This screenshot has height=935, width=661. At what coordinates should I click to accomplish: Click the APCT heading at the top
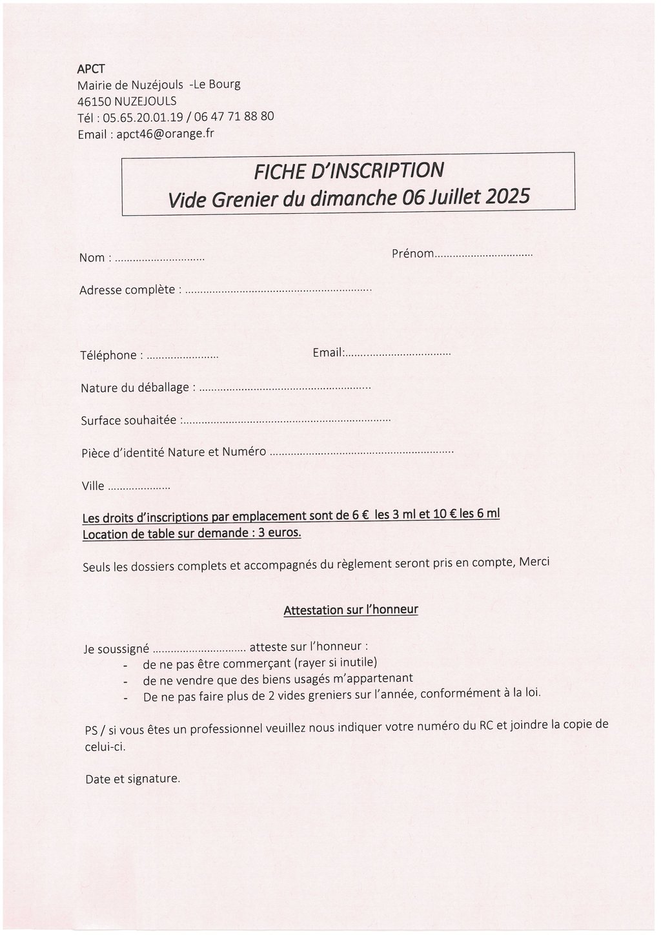pos(90,68)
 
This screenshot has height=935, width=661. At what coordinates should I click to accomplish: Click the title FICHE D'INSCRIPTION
pos(349,171)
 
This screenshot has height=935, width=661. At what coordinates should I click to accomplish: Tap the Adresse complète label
pos(127,290)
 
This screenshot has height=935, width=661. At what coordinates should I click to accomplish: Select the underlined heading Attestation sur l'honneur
pos(351,610)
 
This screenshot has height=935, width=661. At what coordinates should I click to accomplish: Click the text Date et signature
pos(132,779)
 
